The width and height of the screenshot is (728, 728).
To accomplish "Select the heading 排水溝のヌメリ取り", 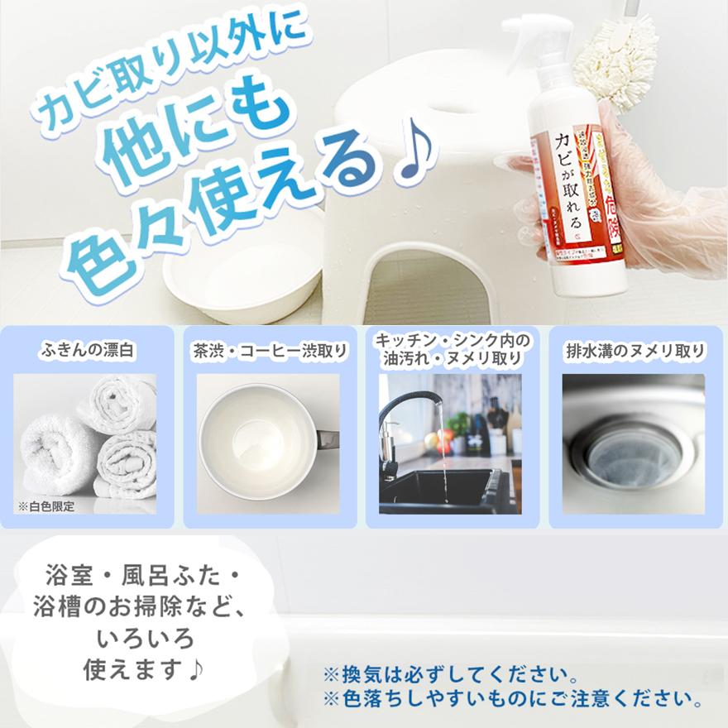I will pyautogui.click(x=635, y=350).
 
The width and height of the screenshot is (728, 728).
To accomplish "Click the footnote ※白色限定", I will pyautogui.click(x=46, y=506).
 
